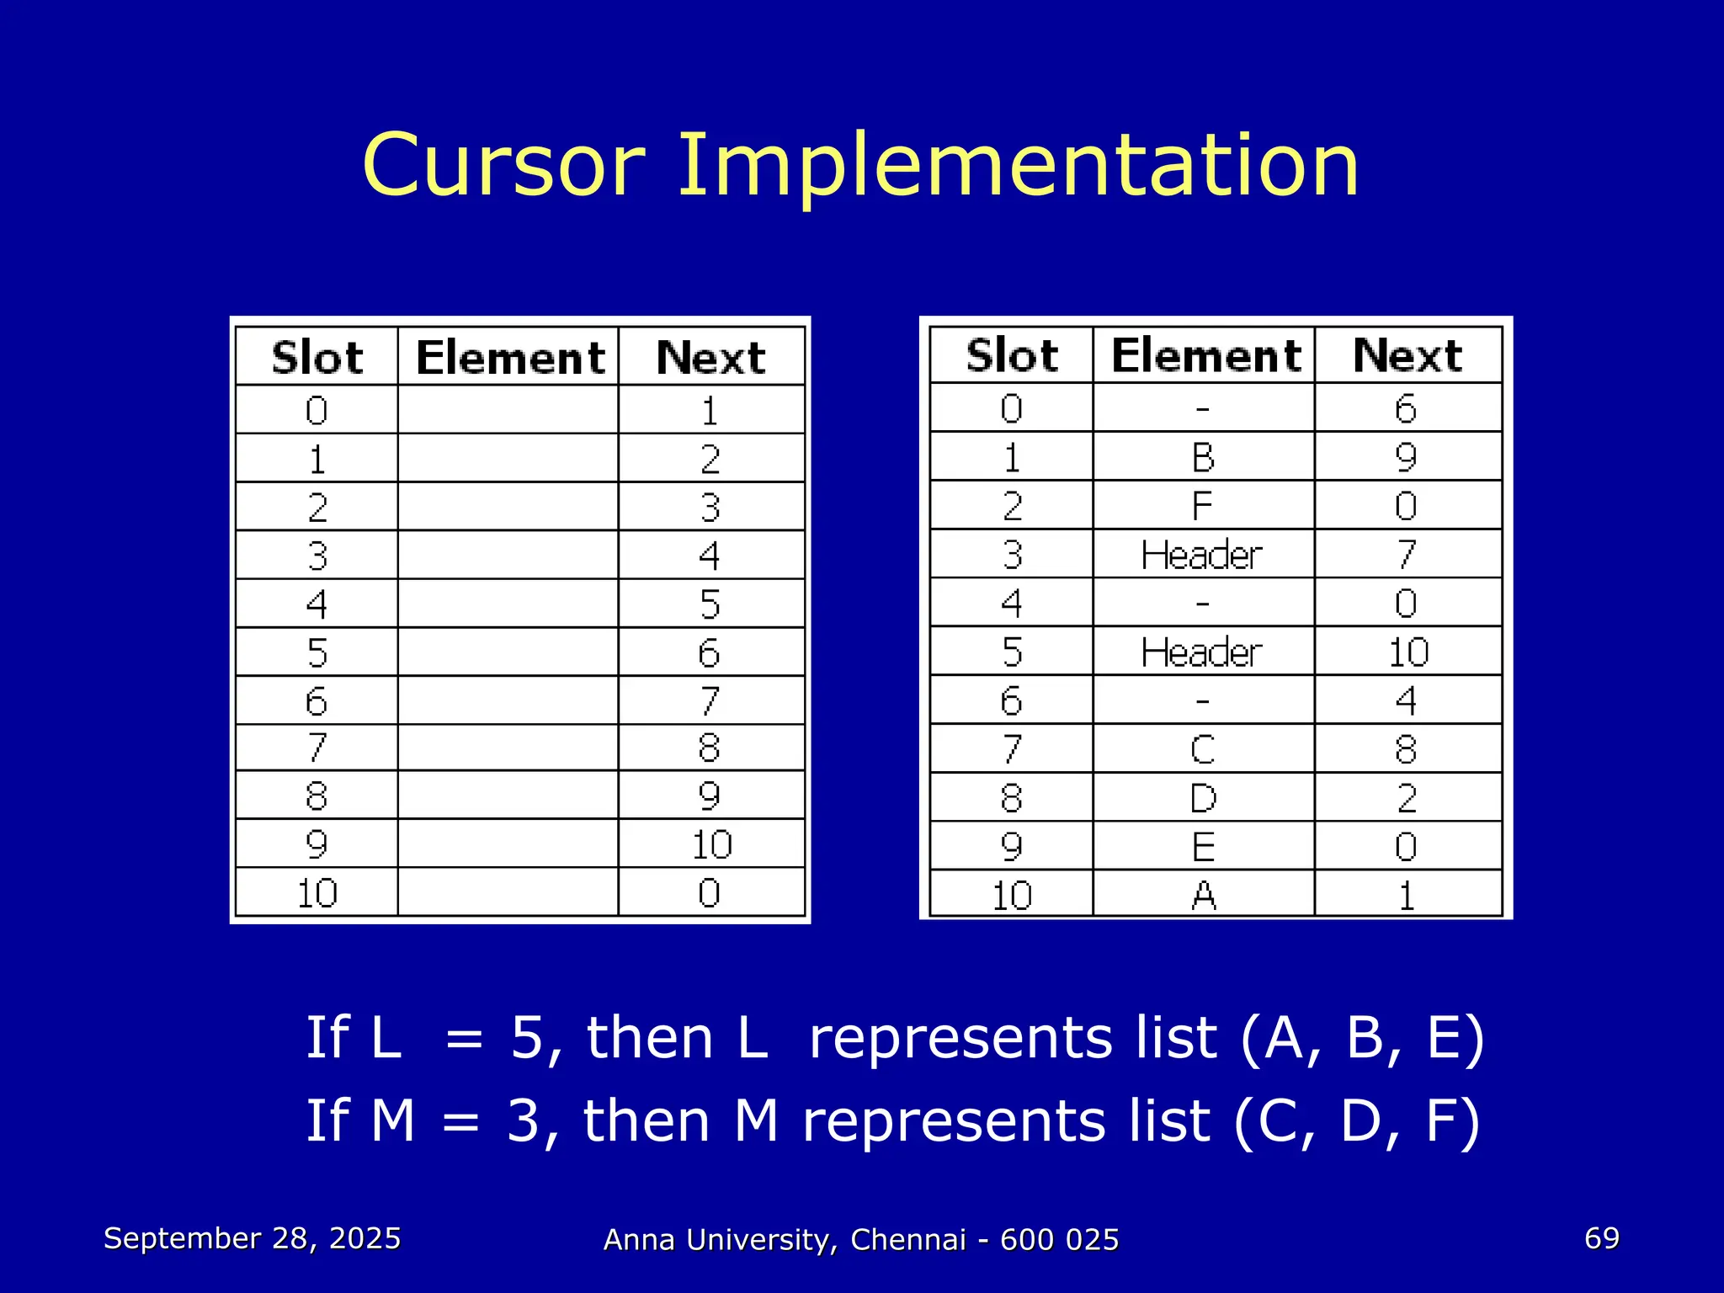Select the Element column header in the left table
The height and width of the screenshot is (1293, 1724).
tap(510, 358)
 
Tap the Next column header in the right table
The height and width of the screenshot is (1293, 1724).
tap(1407, 355)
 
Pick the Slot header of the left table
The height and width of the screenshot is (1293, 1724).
tap(317, 358)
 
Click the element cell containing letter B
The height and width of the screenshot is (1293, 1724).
tap(1203, 457)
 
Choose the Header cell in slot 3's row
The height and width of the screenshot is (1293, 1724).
tap(1202, 555)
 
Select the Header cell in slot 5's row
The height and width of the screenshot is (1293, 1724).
tap(1202, 652)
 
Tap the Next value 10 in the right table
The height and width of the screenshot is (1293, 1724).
tap(1407, 652)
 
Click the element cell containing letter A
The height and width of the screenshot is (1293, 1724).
tap(1203, 895)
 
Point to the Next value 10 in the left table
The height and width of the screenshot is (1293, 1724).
tap(711, 844)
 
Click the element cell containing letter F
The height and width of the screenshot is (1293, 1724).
tap(1202, 506)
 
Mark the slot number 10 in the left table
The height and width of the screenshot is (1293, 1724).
tap(317, 893)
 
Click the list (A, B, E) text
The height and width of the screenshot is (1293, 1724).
tap(1362, 1037)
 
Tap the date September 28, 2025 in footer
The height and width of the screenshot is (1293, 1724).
tap(252, 1238)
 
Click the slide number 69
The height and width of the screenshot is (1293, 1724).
tap(1601, 1238)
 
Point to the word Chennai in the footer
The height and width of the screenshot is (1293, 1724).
tap(908, 1240)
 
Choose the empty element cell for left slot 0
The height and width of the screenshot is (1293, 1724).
tap(508, 410)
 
